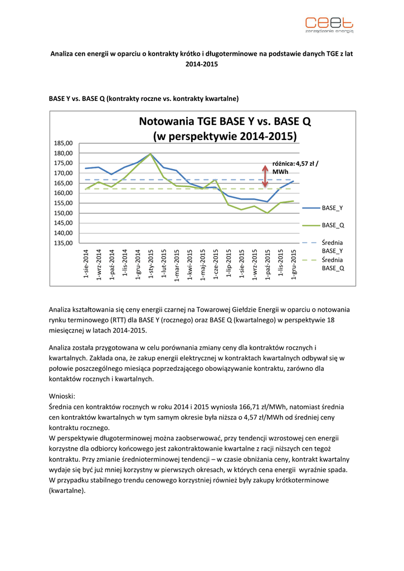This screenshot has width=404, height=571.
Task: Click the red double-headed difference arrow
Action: coord(265,175)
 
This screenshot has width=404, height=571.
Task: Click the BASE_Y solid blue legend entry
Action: coord(323,207)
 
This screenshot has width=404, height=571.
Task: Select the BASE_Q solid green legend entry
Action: coord(323,225)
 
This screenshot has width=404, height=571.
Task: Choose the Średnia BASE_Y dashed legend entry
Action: coord(323,246)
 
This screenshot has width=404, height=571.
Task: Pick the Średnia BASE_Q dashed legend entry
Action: coord(323,264)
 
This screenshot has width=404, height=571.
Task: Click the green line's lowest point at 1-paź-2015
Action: coord(267,213)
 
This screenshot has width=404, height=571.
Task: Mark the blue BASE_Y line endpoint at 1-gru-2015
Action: coord(293,181)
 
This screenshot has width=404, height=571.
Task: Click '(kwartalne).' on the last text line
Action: coord(67,491)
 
